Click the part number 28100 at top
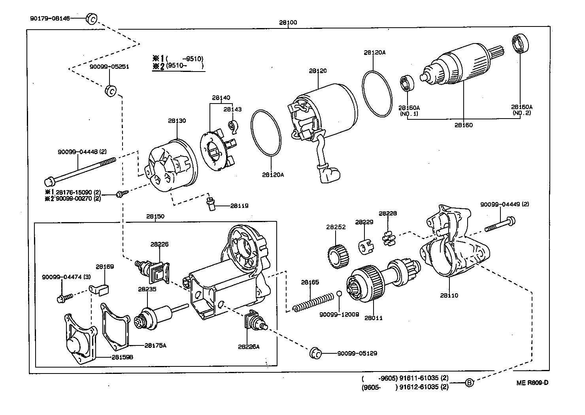(x=288, y=23)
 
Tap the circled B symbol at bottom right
(x=469, y=383)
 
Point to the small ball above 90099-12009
(x=339, y=293)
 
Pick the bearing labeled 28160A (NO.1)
(x=407, y=84)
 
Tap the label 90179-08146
(x=49, y=18)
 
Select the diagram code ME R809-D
(x=532, y=383)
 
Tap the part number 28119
(x=239, y=206)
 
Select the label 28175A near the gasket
(x=155, y=345)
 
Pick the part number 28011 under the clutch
(x=373, y=318)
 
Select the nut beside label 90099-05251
(x=111, y=90)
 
